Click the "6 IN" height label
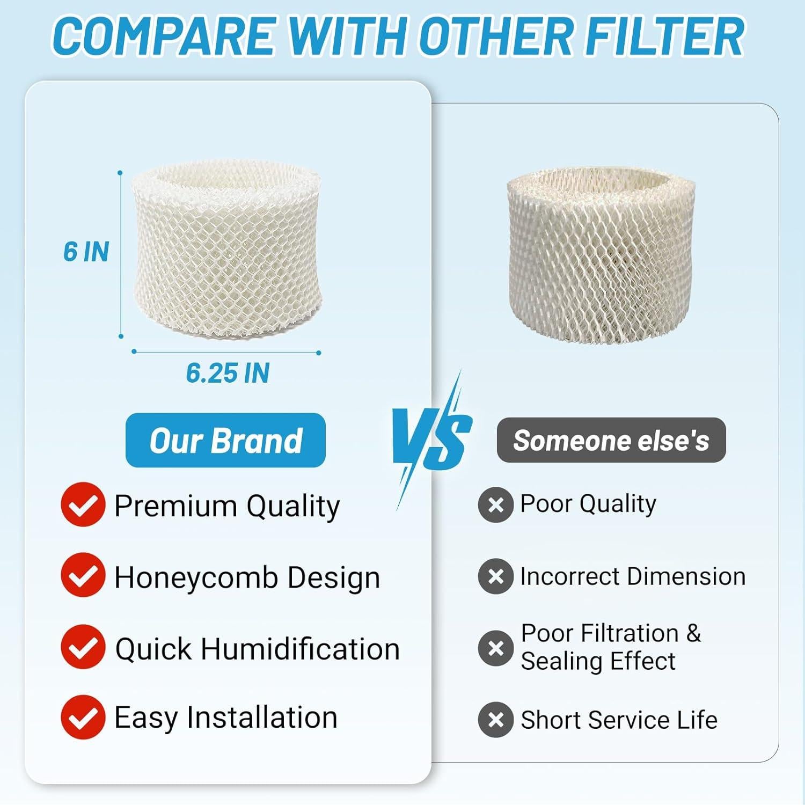coord(86,252)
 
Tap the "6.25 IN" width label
coord(228,373)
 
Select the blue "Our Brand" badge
coord(225,441)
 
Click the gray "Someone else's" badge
coord(611,441)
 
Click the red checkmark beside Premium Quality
coord(83,504)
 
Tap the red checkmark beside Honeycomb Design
coord(83,575)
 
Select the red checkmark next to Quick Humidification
coord(83,647)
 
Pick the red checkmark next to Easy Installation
coord(83,718)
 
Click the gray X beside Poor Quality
coord(496,505)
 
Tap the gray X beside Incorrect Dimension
coord(496,576)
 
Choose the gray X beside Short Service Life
coord(496,720)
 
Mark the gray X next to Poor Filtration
coord(496,648)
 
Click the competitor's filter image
coord(601,255)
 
